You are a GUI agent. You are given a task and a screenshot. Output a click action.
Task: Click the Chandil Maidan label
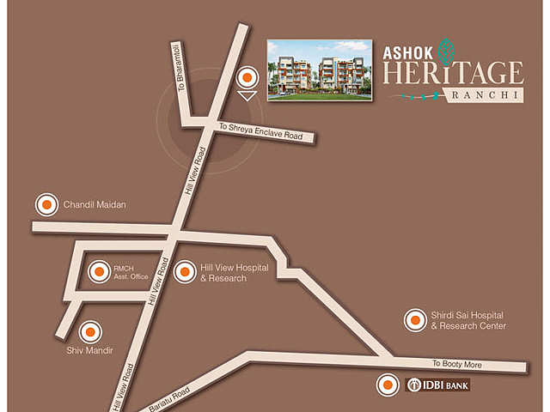[x=95, y=205]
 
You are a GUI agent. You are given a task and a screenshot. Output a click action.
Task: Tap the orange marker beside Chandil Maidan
[x=46, y=205]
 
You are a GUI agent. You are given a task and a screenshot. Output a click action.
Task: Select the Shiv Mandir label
[x=89, y=350]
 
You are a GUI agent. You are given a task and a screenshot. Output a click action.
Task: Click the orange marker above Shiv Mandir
[x=90, y=331]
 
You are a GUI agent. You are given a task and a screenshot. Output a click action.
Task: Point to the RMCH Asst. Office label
[x=131, y=273]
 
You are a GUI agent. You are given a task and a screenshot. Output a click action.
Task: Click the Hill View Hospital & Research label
[x=234, y=273]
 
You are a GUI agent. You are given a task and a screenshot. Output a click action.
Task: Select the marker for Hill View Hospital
[x=184, y=273]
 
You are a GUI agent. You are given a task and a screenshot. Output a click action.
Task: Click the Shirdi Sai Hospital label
[x=468, y=321]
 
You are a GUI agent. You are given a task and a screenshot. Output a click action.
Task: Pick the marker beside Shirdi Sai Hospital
[x=415, y=320]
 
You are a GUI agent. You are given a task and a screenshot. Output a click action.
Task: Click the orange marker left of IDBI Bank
[x=388, y=385]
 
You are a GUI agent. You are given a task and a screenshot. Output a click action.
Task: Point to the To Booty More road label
[x=457, y=364]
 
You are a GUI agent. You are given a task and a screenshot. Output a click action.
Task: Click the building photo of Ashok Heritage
[x=319, y=70]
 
